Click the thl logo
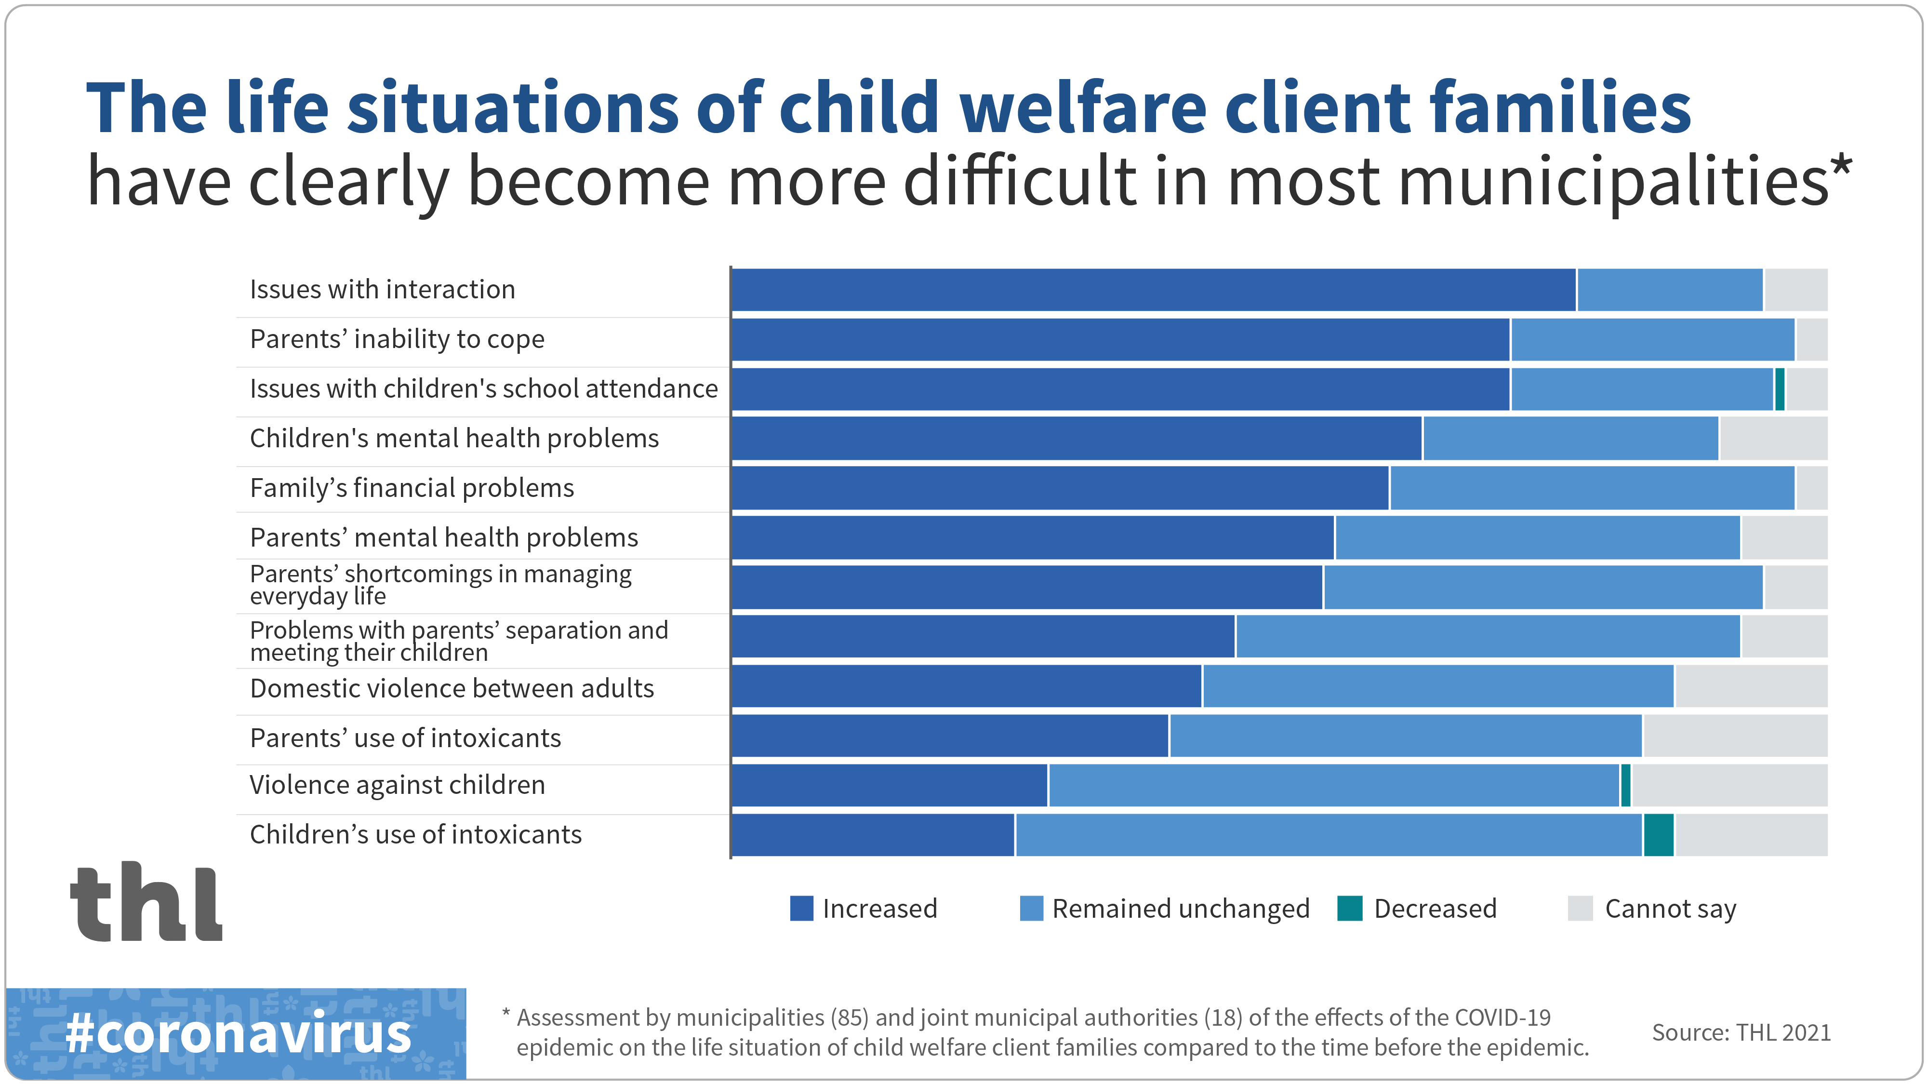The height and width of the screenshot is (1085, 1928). tap(146, 902)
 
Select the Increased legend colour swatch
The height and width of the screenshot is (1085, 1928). tap(801, 908)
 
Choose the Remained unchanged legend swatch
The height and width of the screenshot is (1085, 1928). tap(1031, 908)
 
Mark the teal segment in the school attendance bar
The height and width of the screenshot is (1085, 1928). tap(1779, 388)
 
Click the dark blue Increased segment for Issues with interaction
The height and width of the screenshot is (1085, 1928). tap(1153, 290)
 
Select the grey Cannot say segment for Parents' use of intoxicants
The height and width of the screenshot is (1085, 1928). tap(1734, 736)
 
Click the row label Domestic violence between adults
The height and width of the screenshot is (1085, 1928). tap(452, 688)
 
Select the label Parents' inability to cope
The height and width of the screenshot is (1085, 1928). tap(397, 339)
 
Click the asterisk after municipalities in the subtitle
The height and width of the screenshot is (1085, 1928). tap(1842, 165)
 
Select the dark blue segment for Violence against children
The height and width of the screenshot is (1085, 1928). tap(889, 786)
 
